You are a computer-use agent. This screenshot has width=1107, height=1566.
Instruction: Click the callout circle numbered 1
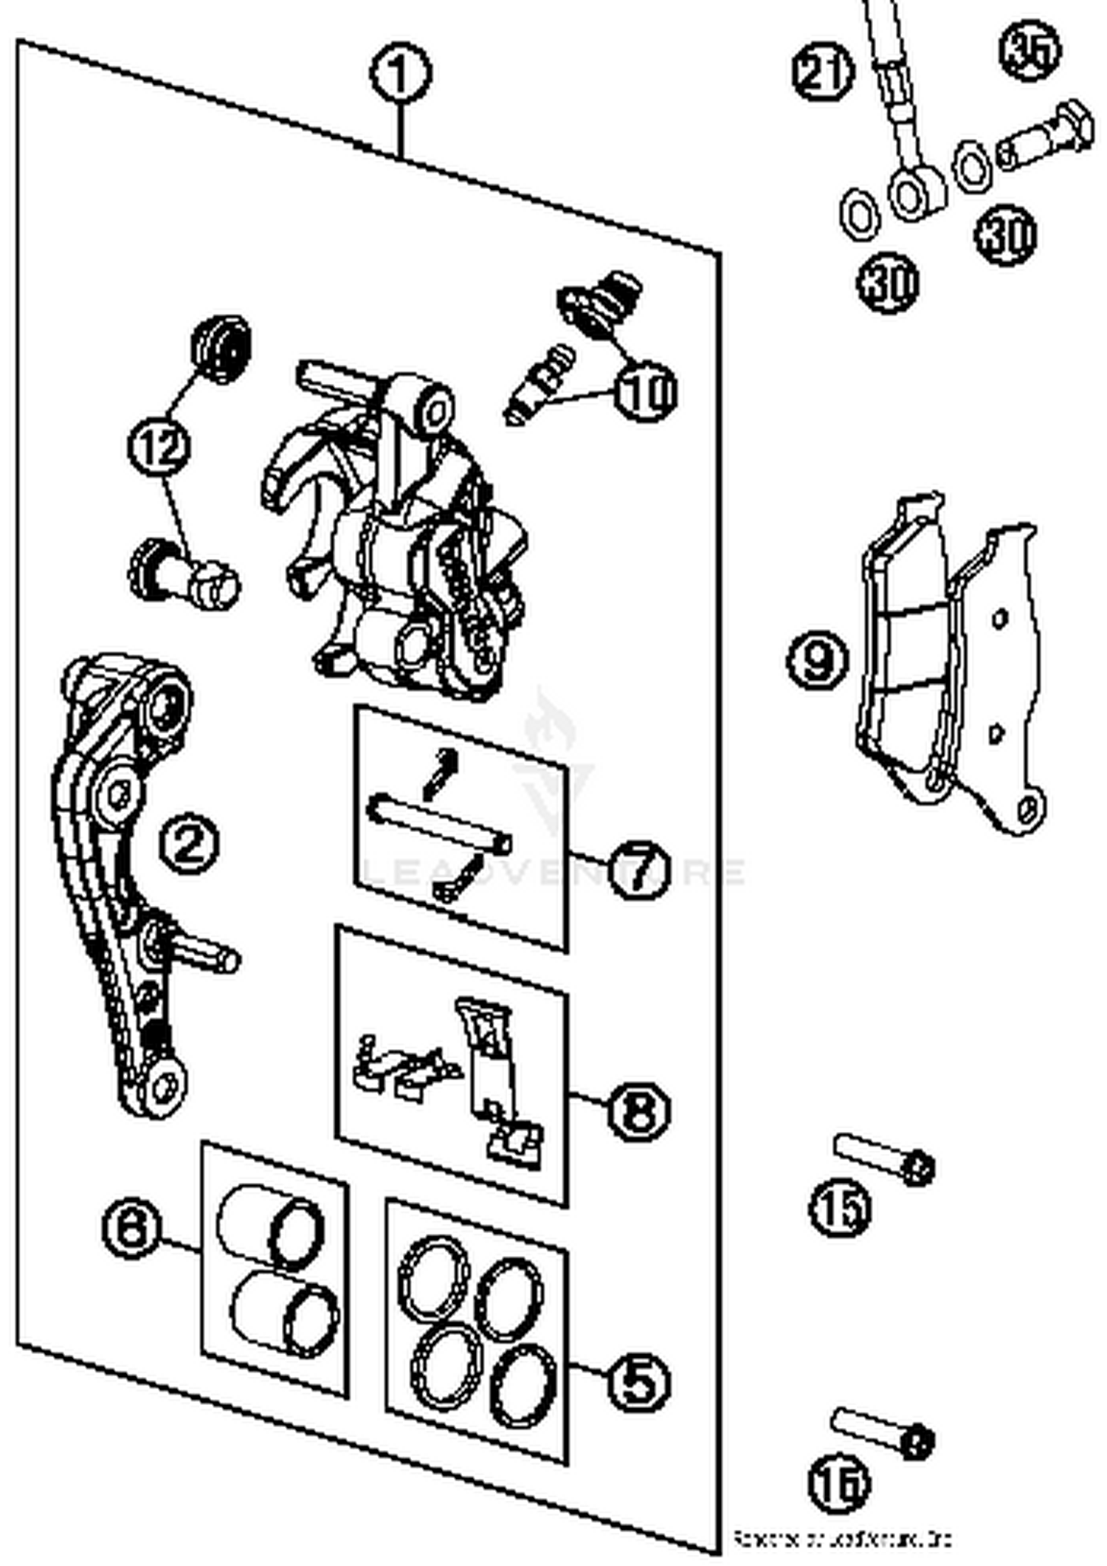[399, 73]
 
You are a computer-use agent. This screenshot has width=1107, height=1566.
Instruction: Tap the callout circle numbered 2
[190, 844]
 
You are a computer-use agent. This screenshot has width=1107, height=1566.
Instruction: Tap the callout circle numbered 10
[646, 392]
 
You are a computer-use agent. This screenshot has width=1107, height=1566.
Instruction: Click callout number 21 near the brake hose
[823, 71]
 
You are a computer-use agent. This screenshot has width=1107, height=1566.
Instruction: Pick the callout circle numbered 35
[1030, 49]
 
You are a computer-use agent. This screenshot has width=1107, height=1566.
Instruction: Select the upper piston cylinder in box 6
[269, 1226]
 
